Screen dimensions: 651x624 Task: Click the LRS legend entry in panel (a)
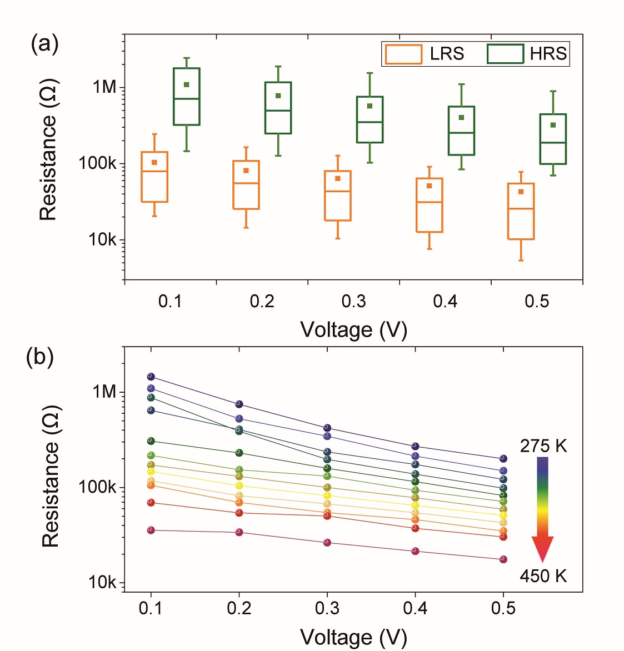(425, 54)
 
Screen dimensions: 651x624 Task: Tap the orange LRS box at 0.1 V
(154, 177)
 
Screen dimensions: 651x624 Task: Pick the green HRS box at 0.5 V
(553, 139)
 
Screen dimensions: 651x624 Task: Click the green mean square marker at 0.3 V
(370, 106)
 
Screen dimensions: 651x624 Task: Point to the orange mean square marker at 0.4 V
(430, 186)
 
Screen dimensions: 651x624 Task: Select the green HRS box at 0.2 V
(278, 108)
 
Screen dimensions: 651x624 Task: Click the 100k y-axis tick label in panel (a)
(97, 164)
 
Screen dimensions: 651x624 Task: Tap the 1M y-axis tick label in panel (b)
(104, 392)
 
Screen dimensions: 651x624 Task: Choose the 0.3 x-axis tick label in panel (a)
(353, 302)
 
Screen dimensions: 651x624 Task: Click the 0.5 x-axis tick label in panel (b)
(503, 609)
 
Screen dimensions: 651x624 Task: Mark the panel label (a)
(44, 43)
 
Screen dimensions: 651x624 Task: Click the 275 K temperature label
(543, 446)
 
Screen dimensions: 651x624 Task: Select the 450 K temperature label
(543, 576)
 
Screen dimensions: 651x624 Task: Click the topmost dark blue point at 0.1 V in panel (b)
(151, 377)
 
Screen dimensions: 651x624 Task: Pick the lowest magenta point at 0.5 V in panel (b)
(503, 559)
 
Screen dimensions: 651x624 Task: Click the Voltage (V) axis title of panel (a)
(353, 330)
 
